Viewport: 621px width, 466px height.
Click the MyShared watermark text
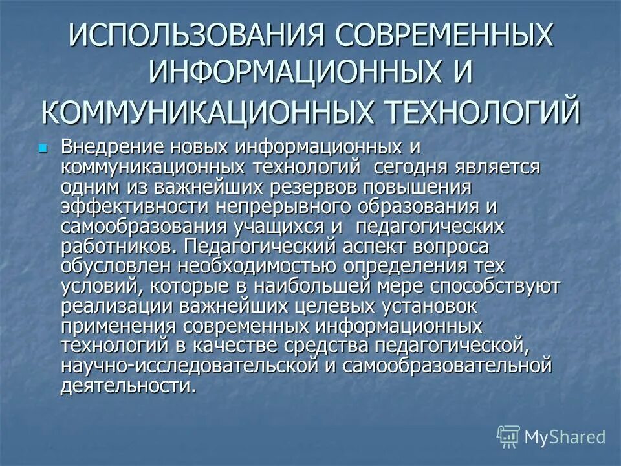point(565,436)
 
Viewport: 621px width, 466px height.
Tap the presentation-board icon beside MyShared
point(508,437)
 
